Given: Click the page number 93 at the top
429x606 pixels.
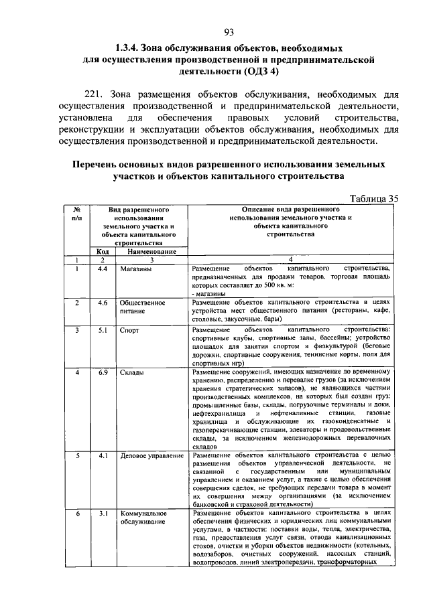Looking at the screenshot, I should point(228,33).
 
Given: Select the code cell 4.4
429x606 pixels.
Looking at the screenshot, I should point(103,269).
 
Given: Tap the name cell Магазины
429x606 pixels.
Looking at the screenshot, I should point(135,269).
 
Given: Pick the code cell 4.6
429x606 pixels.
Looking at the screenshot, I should point(103,303).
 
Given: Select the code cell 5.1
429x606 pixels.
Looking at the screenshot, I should point(103,331).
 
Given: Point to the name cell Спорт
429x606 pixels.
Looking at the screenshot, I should point(129,331).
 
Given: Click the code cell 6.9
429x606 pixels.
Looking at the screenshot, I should point(103,372).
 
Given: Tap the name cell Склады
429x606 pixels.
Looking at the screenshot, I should point(131,372).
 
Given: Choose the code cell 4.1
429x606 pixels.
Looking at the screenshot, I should point(103,456).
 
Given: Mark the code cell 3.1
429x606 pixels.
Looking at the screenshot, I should point(103,514).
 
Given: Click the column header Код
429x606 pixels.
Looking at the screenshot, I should point(103,251).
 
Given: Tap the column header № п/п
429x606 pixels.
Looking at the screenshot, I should point(77,214).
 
